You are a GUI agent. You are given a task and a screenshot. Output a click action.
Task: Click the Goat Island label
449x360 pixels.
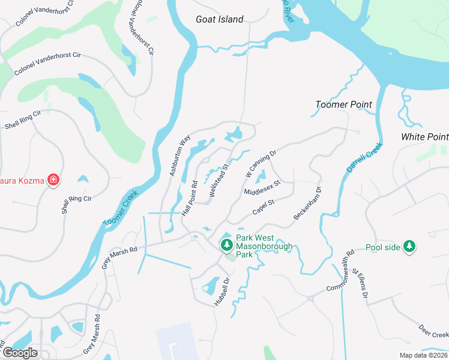click(x=220, y=19)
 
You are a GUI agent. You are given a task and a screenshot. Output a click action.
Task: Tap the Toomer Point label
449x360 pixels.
click(x=343, y=104)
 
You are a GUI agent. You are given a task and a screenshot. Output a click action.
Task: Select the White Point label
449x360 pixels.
click(x=424, y=137)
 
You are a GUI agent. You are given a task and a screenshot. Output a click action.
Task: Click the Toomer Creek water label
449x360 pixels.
click(x=121, y=209)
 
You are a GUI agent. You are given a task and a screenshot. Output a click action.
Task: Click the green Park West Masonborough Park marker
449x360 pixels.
click(x=226, y=245)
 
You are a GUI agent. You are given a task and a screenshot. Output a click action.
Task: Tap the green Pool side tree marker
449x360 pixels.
click(x=409, y=246)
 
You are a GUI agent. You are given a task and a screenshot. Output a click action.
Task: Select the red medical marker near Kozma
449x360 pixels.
click(x=53, y=179)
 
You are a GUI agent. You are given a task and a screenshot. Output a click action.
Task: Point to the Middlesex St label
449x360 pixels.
click(x=262, y=187)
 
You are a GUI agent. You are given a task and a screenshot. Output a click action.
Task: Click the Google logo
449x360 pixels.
click(x=20, y=353)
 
